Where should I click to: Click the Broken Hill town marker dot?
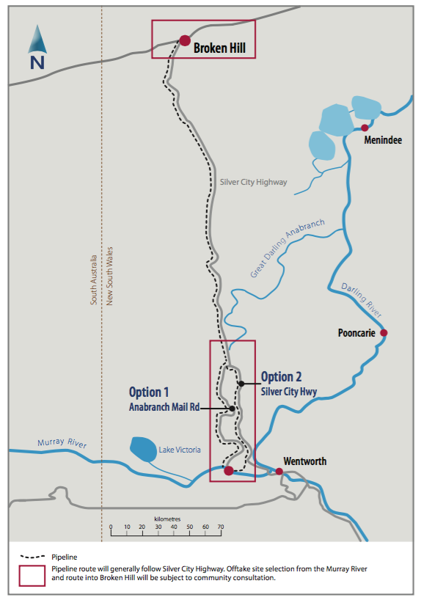pos(184,41)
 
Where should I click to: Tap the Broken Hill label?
pos(219,49)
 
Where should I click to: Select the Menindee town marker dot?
pos(365,128)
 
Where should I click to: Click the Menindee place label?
pos(383,140)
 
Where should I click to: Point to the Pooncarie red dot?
pos(383,333)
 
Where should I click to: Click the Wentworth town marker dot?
pos(279,472)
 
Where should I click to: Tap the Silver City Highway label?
pos(253,182)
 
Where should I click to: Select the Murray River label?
pos(62,445)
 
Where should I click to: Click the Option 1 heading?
pos(149,392)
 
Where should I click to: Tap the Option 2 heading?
pos(282,377)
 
